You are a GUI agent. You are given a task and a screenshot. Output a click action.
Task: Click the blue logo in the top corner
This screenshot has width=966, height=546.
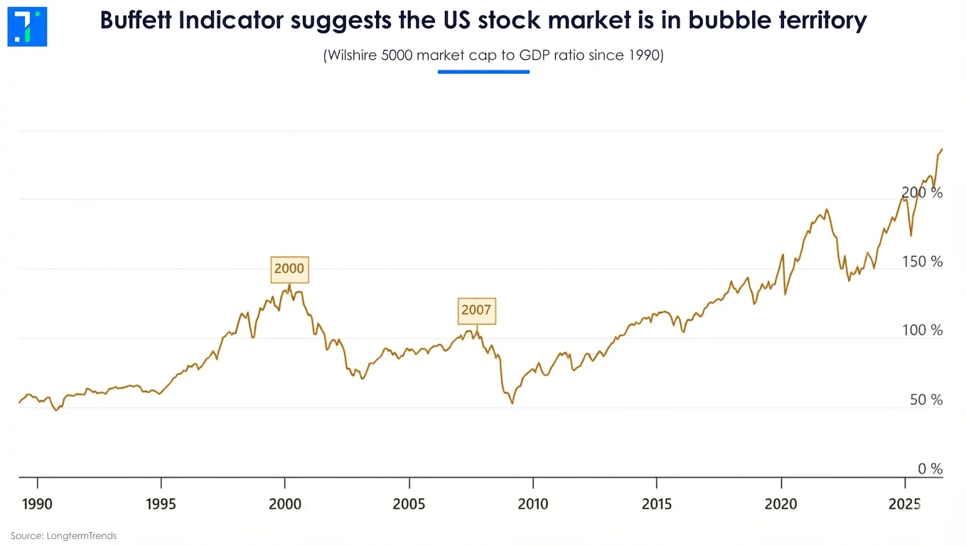27,27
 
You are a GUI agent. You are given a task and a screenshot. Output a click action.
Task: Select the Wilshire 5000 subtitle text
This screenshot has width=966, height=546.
493,55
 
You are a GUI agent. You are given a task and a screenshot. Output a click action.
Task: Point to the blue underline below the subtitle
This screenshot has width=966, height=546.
483,72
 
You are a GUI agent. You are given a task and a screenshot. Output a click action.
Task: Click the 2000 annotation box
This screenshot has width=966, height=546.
289,269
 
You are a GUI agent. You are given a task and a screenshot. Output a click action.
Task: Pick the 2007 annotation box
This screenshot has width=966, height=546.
476,311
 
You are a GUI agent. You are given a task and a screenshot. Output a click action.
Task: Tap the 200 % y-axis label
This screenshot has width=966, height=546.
922,193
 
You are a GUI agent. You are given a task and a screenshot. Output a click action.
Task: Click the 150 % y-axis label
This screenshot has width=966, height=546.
923,262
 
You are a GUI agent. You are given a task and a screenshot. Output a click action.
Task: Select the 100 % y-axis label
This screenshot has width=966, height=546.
923,331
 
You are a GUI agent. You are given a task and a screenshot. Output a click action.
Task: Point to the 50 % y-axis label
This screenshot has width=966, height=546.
926,400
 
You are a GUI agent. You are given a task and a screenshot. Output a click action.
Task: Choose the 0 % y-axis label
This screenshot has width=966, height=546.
930,469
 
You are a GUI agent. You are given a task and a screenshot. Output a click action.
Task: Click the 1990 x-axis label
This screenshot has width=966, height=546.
38,504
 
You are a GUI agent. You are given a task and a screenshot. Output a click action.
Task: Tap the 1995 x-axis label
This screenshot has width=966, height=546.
161,504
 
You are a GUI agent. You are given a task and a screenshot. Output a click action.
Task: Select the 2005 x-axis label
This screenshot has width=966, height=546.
409,504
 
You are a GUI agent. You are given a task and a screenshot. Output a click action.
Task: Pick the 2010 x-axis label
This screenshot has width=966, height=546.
533,504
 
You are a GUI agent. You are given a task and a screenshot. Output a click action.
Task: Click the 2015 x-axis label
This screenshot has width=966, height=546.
657,504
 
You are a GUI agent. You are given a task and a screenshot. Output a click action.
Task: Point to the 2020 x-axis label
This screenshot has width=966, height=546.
781,504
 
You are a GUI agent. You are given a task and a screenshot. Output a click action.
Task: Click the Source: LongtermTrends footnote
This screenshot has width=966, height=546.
64,535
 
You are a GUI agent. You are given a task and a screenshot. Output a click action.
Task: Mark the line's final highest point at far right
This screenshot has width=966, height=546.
942,149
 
